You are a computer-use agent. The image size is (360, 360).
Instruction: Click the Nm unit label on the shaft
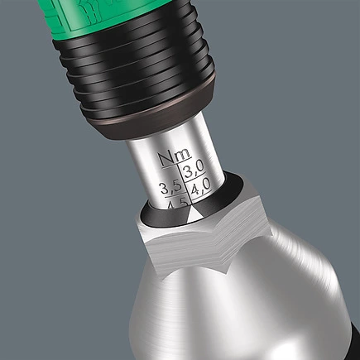[175, 155]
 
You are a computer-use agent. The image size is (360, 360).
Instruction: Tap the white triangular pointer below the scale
[190, 212]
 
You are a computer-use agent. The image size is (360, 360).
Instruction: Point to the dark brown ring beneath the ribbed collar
[157, 124]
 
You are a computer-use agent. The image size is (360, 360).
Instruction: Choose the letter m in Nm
[183, 155]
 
